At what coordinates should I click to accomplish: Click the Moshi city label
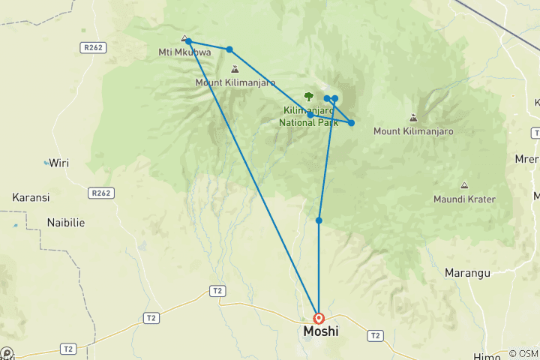click(x=319, y=331)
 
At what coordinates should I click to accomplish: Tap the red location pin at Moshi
click(x=319, y=319)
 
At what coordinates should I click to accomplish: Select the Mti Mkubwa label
click(x=175, y=52)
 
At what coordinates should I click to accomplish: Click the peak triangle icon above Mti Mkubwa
click(x=184, y=37)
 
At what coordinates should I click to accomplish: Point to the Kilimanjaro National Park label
click(x=309, y=115)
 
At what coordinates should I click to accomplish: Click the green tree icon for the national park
click(x=309, y=96)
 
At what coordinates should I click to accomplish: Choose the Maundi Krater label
click(x=463, y=199)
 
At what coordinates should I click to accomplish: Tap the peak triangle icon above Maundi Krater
click(x=463, y=185)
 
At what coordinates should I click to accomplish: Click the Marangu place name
click(x=466, y=272)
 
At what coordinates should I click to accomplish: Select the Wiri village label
click(x=58, y=162)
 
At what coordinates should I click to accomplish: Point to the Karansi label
click(x=31, y=197)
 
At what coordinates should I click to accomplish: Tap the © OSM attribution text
click(x=523, y=353)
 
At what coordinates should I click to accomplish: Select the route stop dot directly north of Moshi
click(x=319, y=220)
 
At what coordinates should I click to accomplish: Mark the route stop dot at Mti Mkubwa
click(x=188, y=42)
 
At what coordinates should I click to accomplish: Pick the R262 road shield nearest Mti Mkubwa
click(x=93, y=47)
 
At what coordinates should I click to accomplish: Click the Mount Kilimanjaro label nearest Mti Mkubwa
click(x=235, y=82)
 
